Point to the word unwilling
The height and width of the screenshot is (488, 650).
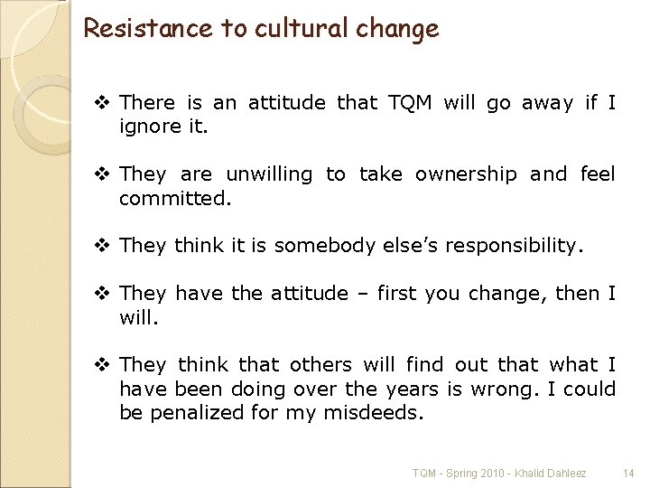(268, 174)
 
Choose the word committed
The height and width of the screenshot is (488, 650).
(175, 197)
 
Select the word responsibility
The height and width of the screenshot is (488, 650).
(514, 246)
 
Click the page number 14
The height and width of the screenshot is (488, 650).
(628, 473)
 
